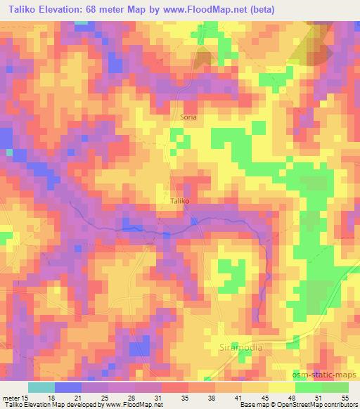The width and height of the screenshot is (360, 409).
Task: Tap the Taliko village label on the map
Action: [x=180, y=200]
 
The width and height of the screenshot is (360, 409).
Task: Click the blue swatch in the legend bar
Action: [x=67, y=387]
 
